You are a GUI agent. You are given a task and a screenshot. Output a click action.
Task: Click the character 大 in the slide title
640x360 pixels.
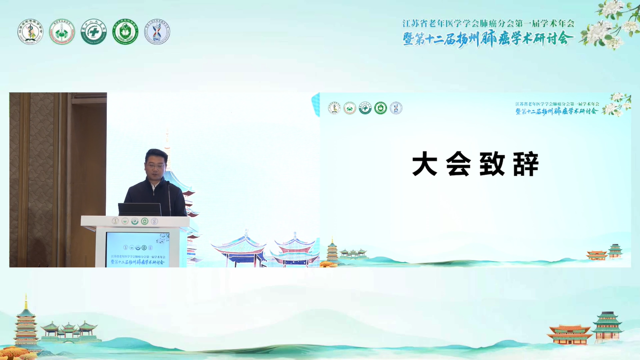[x=424, y=165]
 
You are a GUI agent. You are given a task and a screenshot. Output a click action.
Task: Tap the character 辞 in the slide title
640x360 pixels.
[x=526, y=165]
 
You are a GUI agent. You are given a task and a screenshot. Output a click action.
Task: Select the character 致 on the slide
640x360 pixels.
[x=492, y=165]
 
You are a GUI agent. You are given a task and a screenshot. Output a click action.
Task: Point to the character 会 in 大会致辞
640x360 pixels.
[x=458, y=165]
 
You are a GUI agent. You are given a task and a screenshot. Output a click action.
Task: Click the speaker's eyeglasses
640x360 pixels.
[x=155, y=166]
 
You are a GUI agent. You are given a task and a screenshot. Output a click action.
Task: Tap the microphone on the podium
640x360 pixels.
[x=169, y=197]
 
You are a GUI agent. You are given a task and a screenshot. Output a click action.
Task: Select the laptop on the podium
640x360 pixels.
[x=139, y=210]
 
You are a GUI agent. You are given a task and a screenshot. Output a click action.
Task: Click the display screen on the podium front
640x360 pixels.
[x=137, y=249]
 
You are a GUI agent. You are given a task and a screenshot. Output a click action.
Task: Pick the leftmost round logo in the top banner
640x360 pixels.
[x=30, y=32]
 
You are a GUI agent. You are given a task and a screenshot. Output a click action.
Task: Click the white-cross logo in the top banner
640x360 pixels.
[x=94, y=32]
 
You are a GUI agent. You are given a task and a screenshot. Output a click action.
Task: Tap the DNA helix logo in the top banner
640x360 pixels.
[x=157, y=32]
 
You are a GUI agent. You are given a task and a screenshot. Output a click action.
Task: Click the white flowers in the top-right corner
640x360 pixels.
[x=609, y=26]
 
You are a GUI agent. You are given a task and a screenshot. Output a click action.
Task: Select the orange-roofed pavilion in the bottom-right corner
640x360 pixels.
[x=569, y=334]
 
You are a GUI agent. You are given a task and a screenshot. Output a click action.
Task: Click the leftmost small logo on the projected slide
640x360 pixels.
[x=334, y=108]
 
